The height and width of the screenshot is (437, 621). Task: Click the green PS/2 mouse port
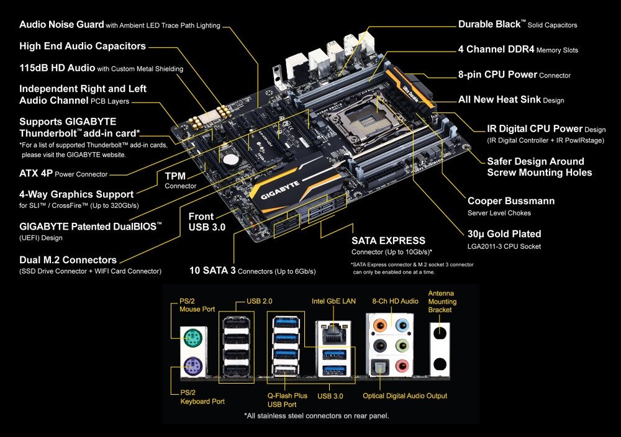tap(193, 339)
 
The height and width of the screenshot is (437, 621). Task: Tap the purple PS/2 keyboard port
tap(193, 366)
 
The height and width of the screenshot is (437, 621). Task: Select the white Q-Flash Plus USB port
tap(286, 371)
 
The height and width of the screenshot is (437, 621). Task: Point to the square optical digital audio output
tap(379, 367)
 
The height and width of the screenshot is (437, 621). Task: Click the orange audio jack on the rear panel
tap(380, 326)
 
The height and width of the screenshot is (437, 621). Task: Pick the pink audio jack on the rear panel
tap(402, 366)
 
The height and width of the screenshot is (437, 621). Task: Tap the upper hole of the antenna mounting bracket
tap(440, 333)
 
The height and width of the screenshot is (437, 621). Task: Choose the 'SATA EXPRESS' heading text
tap(388, 241)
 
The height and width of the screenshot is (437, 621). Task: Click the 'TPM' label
tap(175, 176)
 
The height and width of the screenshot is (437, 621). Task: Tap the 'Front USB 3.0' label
tap(207, 222)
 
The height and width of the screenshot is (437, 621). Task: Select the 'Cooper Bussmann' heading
tap(511, 201)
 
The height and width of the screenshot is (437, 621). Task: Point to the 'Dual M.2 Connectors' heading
tap(68, 260)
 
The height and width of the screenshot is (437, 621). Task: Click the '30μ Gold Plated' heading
tap(504, 234)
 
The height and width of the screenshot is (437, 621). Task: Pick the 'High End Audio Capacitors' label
tap(83, 47)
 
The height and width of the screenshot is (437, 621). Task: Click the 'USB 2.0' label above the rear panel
tap(260, 301)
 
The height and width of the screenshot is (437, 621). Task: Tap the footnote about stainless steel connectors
tap(317, 416)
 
